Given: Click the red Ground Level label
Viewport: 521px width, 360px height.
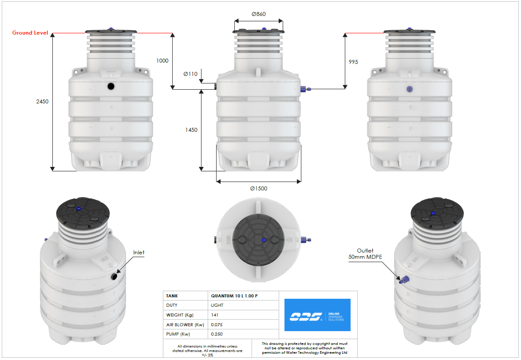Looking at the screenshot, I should point(30,33).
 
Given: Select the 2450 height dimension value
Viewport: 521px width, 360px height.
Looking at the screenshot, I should point(42,101).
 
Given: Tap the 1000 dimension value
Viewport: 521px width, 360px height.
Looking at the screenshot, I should point(162,61).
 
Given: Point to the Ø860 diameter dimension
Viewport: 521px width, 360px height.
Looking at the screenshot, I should point(258,14).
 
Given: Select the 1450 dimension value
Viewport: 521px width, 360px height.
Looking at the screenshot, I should point(191,130).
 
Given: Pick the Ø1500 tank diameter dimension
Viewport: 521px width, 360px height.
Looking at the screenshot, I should point(258,189).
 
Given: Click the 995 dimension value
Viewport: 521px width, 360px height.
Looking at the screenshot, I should point(353,62).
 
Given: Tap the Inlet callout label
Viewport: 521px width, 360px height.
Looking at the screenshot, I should point(139,253).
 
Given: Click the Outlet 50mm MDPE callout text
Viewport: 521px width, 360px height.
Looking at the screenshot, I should point(366,254).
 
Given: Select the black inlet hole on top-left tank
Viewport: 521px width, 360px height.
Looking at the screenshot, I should point(111,86).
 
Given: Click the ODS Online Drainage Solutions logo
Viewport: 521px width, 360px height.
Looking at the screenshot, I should point(317,315).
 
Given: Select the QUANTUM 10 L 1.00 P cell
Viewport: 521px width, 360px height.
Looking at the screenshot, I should point(233,296).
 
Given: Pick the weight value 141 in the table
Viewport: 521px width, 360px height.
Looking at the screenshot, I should point(215,315).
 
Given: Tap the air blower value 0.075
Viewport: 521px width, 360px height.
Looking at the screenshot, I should point(217,324).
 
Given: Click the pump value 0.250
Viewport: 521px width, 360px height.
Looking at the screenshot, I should point(217,334).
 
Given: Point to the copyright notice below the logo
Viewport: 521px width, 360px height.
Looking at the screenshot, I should point(304,348).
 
